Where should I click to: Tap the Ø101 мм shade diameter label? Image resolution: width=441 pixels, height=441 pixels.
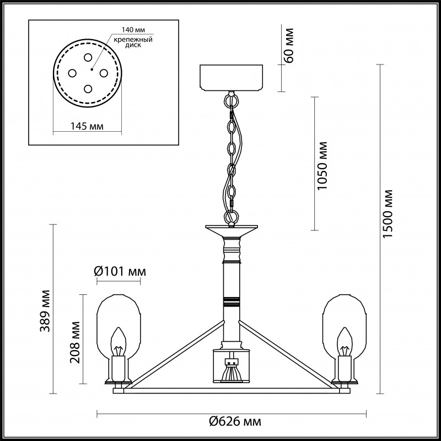click(x=120, y=271)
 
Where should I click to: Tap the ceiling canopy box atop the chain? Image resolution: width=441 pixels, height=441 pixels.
click(x=232, y=78)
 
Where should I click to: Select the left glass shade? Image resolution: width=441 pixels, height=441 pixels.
click(x=117, y=325)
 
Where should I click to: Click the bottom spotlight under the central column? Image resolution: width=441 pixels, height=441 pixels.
click(x=232, y=373)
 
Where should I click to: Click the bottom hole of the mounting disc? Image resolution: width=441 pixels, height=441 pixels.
click(x=88, y=87)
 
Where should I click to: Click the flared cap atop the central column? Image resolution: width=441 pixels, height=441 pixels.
click(x=232, y=228)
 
